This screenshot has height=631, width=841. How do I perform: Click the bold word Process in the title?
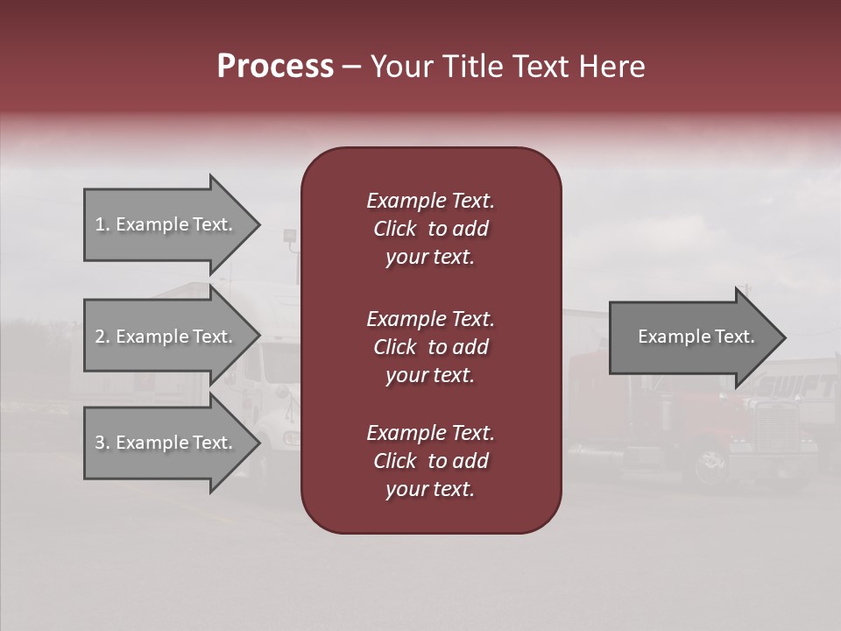275,67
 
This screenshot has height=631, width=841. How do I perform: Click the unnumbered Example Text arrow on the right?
696,337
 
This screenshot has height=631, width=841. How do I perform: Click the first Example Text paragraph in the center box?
430,229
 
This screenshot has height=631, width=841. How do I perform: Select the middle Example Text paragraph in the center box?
430,347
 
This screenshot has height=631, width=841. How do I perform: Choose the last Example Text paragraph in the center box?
430,461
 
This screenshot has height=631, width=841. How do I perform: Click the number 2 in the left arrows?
100,337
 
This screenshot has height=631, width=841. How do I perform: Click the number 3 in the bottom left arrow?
100,443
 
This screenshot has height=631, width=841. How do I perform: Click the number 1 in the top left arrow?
100,224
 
